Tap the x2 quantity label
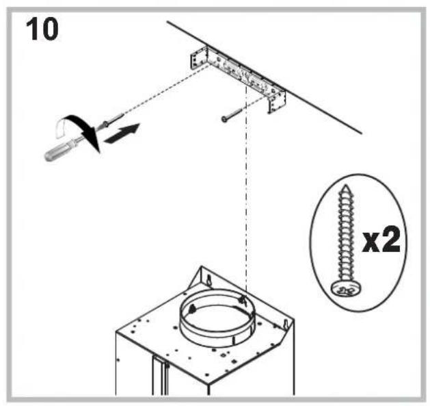pyautogui.click(x=381, y=240)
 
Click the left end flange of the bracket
pyautogui.click(x=195, y=58)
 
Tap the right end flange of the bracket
pyautogui.click(x=276, y=101)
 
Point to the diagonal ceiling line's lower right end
pyautogui.click(x=360, y=133)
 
